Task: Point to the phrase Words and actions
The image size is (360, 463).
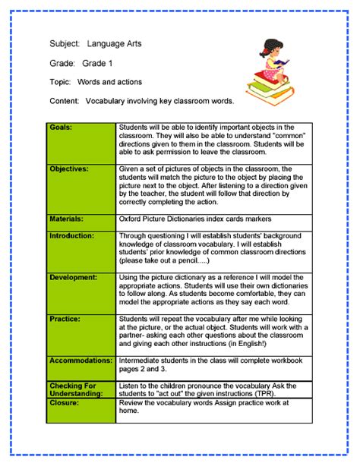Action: pos(108,81)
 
